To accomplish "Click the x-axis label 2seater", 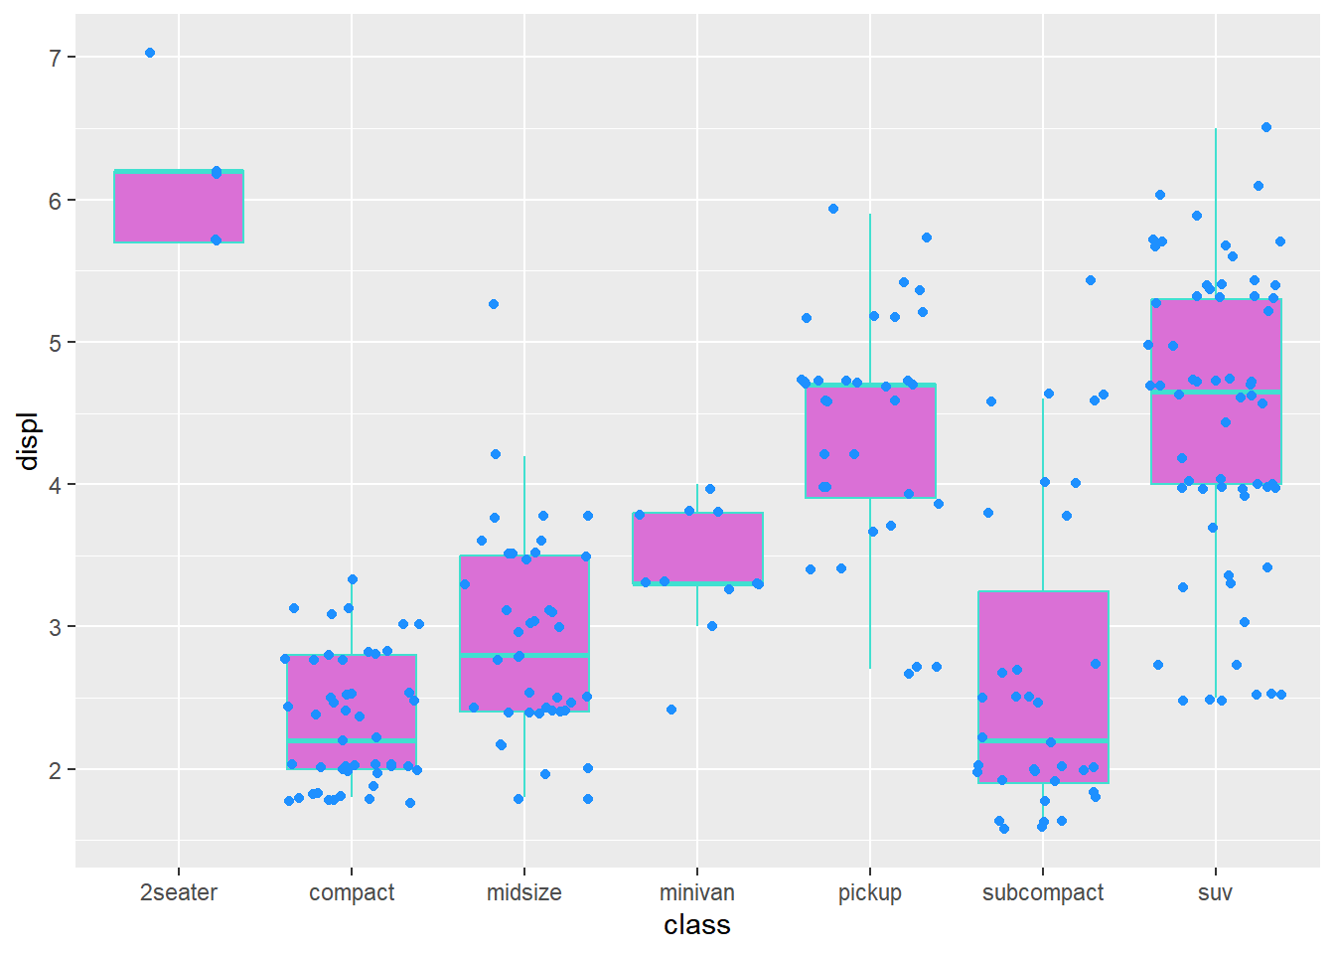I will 179,892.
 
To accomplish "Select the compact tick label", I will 352,892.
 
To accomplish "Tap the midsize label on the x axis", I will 524,892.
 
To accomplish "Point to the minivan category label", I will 697,892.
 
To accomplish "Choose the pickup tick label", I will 870,892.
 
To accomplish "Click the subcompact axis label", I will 1043,892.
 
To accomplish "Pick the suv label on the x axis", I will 1215,892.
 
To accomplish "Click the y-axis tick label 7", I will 56,58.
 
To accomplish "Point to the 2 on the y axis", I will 56,770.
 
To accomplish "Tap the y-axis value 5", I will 56,343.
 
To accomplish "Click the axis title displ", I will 28,441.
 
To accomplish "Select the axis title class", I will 697,925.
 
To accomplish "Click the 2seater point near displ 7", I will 150,53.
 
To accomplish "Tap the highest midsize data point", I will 494,304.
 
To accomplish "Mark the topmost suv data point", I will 1266,127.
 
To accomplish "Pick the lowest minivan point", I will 671,710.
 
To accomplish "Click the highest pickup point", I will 833,209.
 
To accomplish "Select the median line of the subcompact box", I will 1043,740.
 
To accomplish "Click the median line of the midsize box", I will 524,655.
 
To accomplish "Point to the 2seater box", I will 179,207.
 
